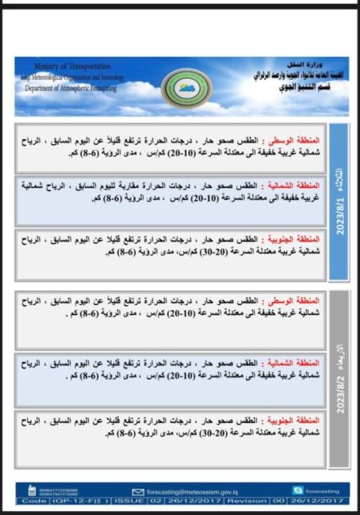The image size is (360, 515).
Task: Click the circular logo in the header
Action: [x=179, y=85]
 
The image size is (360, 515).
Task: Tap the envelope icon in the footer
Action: [x=138, y=490]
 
